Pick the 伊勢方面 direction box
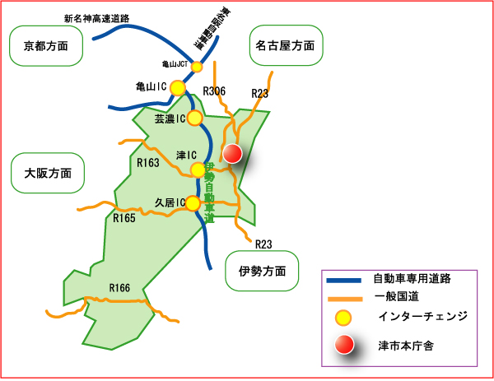click(263, 270)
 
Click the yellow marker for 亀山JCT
click(197, 66)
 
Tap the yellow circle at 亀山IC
click(178, 86)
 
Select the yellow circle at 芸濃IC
click(195, 118)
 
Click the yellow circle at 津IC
click(198, 170)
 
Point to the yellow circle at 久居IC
click(193, 202)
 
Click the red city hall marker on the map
click(232, 153)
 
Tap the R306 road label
click(214, 91)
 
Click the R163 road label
click(148, 163)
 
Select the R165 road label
click(124, 218)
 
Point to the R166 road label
click(120, 287)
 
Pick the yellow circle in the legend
click(344, 317)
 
